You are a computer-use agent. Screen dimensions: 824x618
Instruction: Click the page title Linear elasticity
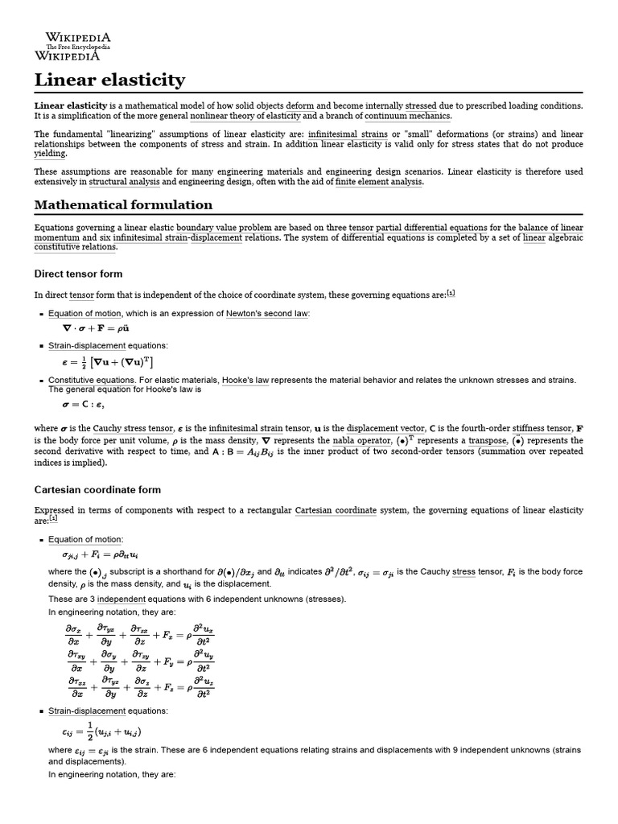tap(109, 80)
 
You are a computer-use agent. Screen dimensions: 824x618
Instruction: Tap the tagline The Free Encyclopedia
tap(77, 47)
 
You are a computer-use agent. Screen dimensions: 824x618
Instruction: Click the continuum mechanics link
tap(407, 116)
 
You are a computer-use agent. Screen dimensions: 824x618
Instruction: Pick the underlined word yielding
tap(50, 153)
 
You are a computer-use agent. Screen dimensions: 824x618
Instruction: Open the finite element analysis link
tap(378, 182)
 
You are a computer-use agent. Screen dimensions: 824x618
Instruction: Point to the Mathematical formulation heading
tap(123, 205)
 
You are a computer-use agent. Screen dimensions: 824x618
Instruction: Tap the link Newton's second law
tap(255, 313)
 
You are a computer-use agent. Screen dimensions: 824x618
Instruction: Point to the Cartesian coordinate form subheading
tap(97, 489)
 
